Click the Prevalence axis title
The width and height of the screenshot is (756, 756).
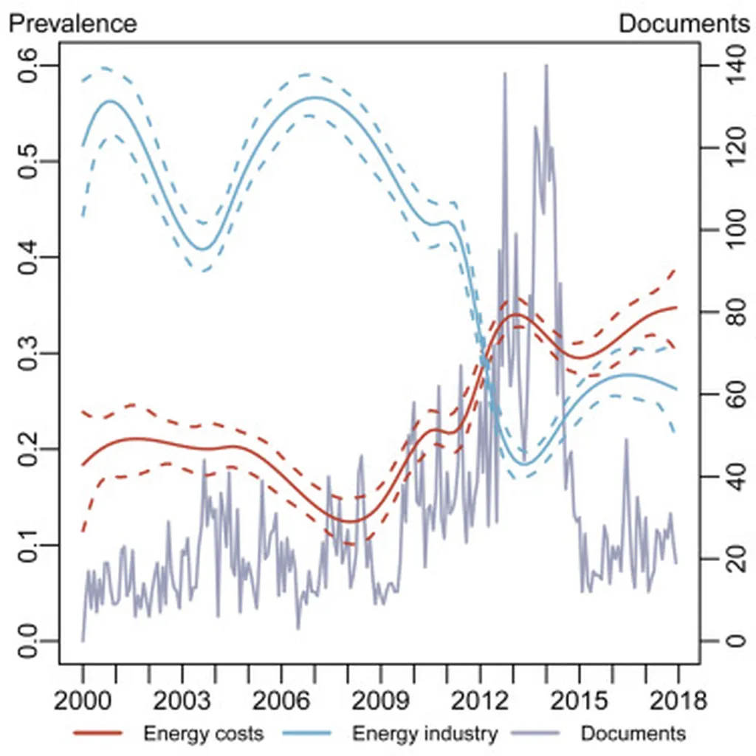click(72, 23)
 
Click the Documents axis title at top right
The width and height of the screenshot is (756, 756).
click(684, 23)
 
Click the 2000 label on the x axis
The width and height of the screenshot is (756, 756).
click(83, 698)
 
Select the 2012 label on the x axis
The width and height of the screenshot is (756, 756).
click(480, 698)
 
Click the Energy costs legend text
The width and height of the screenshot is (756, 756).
click(203, 734)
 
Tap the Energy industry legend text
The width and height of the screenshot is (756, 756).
click(425, 734)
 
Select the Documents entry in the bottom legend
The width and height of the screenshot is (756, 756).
click(633, 734)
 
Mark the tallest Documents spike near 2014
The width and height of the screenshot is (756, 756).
click(546, 66)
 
